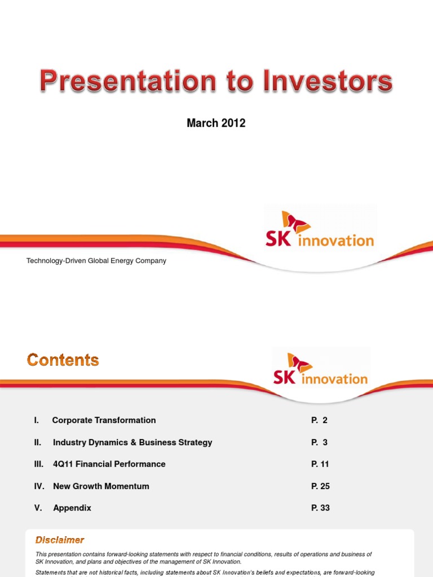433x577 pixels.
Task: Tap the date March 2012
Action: pos(216,123)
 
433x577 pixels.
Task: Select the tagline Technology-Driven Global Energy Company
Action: pos(96,261)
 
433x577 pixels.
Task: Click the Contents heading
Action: pos(63,360)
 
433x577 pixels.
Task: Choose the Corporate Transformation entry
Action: pos(104,420)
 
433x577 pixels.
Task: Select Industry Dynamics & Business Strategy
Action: pos(132,442)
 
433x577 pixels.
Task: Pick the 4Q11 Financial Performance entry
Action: pos(109,464)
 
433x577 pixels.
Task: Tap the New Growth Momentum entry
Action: pos(101,486)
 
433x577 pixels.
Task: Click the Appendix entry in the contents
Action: pos(72,508)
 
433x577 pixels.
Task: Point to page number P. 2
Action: pos(319,420)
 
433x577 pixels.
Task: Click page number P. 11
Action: pos(320,464)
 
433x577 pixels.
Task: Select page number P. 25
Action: pos(320,486)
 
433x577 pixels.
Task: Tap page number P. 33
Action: pos(320,508)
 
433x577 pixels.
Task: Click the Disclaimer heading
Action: pos(60,540)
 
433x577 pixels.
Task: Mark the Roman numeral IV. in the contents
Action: pos(39,486)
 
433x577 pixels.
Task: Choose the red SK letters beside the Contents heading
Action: pos(285,377)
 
